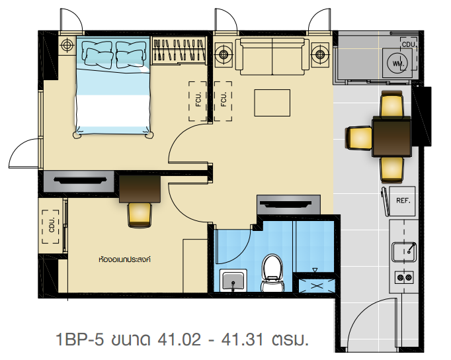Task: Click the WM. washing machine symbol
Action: click(x=395, y=63)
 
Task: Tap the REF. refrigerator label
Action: click(x=403, y=201)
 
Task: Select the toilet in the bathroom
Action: click(x=272, y=273)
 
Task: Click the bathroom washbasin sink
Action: click(x=233, y=281)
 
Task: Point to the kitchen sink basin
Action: click(x=404, y=251)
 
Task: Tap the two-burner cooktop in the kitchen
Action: click(x=404, y=277)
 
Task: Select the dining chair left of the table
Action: click(x=358, y=138)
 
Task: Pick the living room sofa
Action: click(x=272, y=56)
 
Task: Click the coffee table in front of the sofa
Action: click(x=272, y=103)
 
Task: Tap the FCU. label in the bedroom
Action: click(x=198, y=99)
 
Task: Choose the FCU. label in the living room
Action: click(x=224, y=99)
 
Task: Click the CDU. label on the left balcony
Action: click(x=52, y=225)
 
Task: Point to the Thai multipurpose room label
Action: click(x=124, y=259)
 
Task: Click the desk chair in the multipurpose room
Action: click(x=140, y=214)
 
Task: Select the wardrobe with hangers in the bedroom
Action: click(x=179, y=50)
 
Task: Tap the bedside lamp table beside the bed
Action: click(x=67, y=45)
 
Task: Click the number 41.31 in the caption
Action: click(x=242, y=339)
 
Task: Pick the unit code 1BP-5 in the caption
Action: click(x=79, y=339)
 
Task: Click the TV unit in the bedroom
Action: click(x=79, y=181)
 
